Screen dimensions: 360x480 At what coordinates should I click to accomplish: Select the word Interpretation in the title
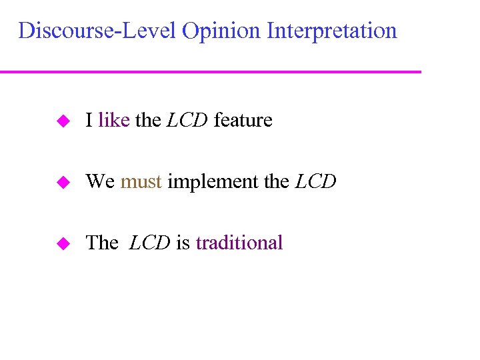[331, 31]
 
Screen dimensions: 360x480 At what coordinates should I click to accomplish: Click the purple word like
[113, 120]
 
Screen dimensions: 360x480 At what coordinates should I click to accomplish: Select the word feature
[243, 120]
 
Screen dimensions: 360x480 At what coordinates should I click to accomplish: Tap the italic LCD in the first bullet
[187, 120]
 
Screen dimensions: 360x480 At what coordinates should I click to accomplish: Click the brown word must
[141, 181]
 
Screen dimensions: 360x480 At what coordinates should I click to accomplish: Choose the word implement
[213, 181]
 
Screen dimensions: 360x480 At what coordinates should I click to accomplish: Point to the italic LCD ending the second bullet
[315, 181]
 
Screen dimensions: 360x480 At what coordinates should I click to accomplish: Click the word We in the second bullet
[101, 181]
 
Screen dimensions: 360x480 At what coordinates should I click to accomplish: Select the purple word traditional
[239, 243]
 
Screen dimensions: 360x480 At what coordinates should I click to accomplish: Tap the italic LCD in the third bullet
[150, 243]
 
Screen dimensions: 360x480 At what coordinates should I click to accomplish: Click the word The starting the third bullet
[102, 243]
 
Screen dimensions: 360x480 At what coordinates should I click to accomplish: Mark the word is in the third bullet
[183, 243]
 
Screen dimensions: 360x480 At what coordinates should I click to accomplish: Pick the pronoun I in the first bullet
[89, 120]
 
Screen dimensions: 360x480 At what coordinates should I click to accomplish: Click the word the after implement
[277, 181]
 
